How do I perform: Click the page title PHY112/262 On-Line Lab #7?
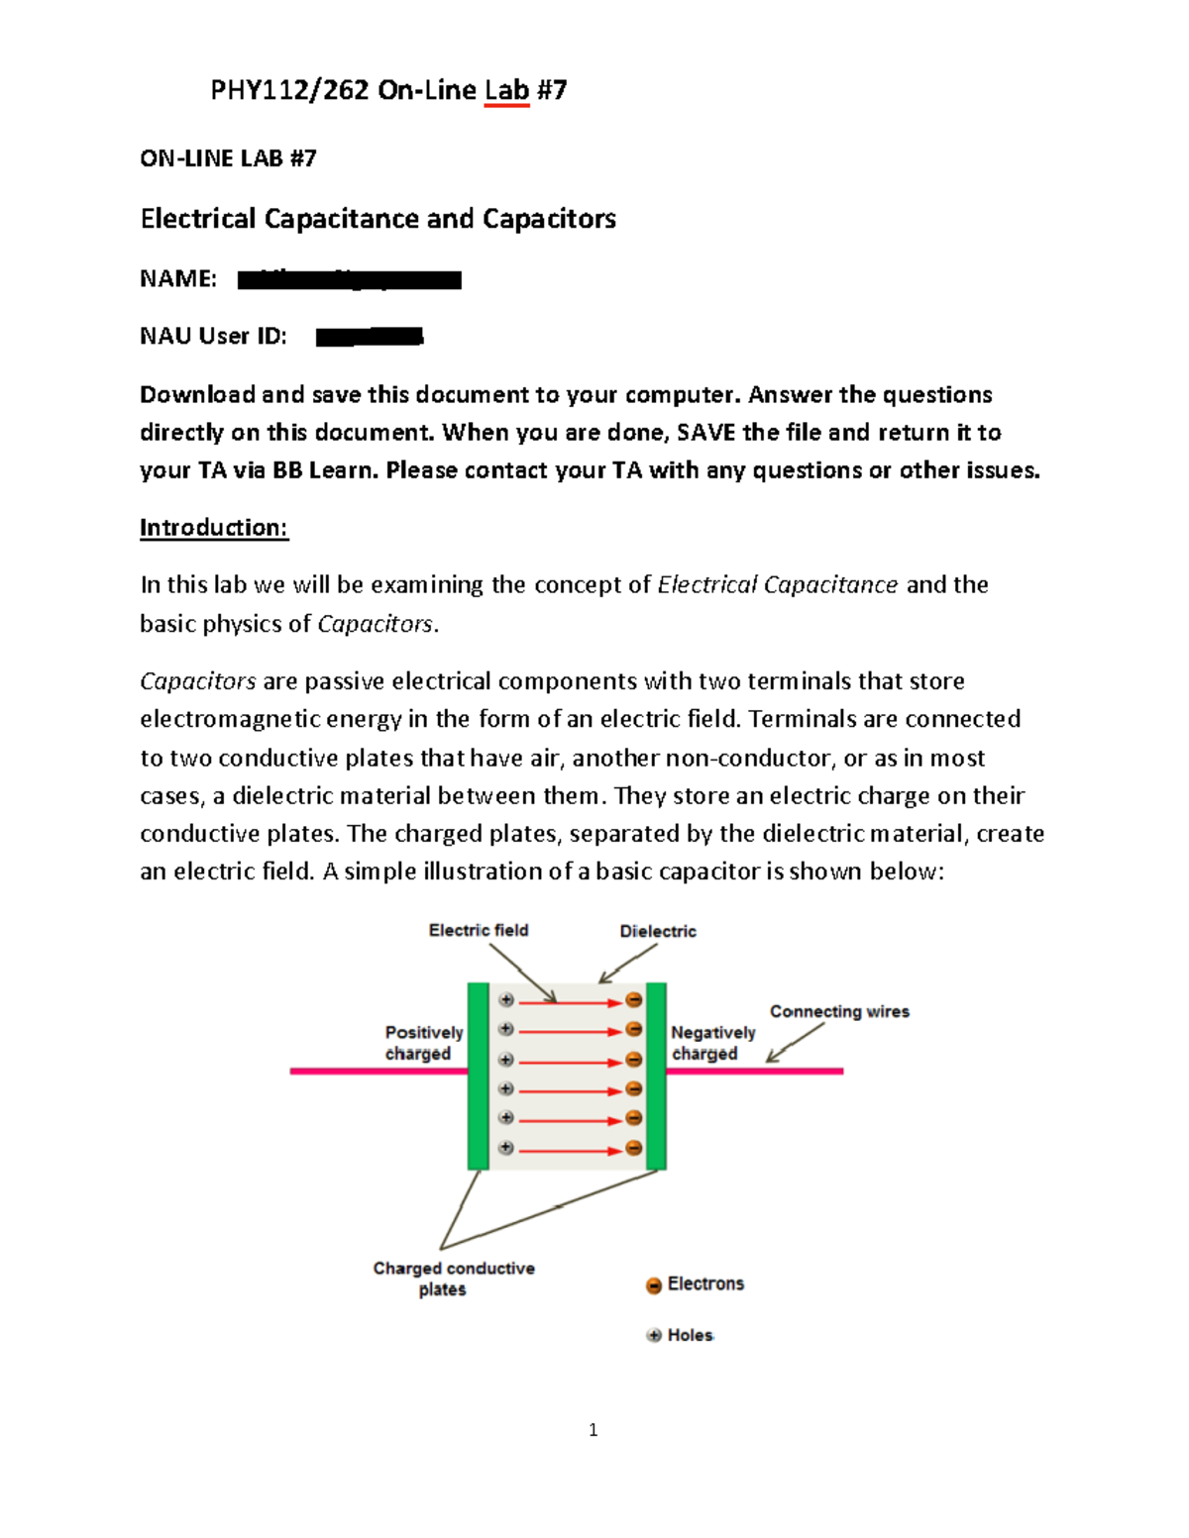(x=388, y=91)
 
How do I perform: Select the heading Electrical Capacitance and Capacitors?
(x=378, y=219)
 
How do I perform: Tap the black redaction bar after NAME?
(x=350, y=280)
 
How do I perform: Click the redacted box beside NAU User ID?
(x=370, y=338)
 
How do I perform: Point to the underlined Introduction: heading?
(x=214, y=528)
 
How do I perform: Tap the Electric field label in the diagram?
(x=479, y=931)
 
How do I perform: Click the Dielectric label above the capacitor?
(x=658, y=932)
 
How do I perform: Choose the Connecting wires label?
(x=839, y=1012)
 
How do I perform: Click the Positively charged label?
(x=423, y=1043)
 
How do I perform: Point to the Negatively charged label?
(x=712, y=1043)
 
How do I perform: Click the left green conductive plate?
(x=479, y=1077)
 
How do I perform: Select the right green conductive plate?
(x=656, y=1077)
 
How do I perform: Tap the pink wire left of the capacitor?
(x=378, y=1072)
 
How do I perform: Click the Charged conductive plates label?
(x=453, y=1279)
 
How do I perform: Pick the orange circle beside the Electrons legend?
(x=654, y=1285)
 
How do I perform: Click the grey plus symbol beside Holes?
(x=654, y=1335)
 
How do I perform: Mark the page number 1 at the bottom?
(x=593, y=1430)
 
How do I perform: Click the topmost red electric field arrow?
(x=570, y=1002)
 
